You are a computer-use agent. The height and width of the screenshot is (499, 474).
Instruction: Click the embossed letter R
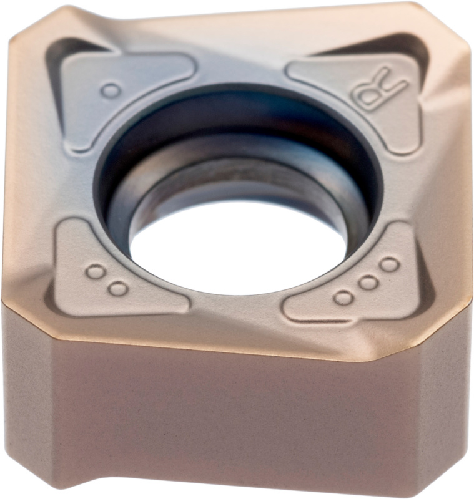379,90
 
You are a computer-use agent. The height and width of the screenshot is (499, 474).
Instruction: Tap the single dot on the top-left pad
111,90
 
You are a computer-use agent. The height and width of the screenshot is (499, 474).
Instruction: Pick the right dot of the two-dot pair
118,288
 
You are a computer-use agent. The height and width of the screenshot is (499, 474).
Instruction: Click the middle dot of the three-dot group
368,283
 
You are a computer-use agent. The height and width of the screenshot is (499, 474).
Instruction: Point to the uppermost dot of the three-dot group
389,264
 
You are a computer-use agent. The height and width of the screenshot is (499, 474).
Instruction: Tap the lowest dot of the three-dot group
344,298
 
